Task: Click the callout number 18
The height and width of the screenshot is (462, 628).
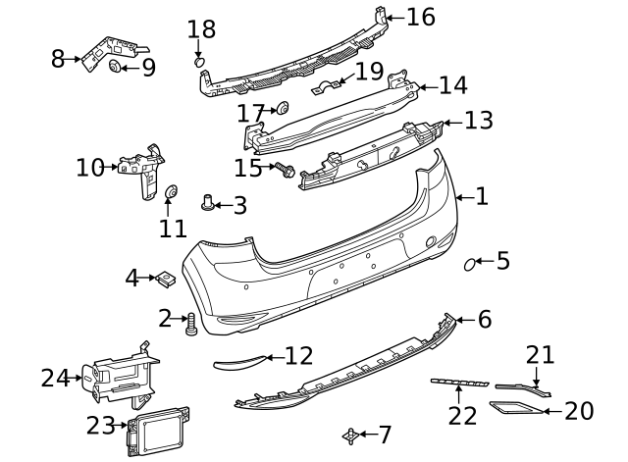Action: (200, 29)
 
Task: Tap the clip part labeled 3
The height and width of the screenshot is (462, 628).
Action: (208, 203)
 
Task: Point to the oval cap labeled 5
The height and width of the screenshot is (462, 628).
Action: (472, 262)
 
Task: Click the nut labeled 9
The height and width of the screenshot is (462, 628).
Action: (116, 67)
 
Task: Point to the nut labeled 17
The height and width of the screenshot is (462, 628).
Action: (282, 108)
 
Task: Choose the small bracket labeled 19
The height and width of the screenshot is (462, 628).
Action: (334, 86)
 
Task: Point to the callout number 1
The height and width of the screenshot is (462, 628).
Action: (481, 196)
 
